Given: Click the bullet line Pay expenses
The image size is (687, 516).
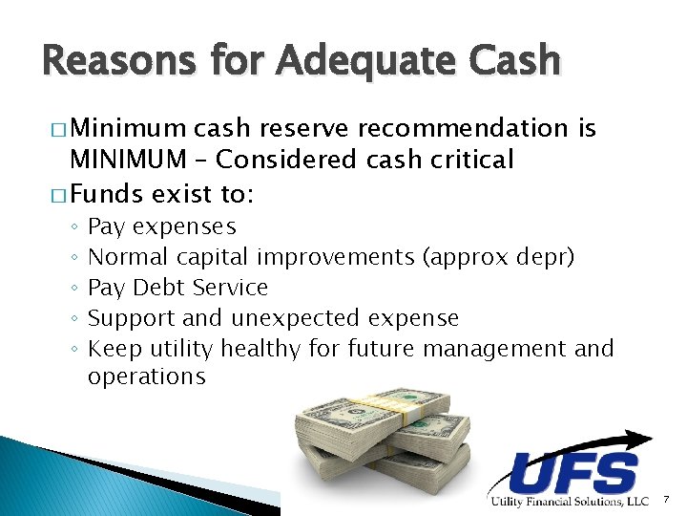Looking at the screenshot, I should pos(161,227).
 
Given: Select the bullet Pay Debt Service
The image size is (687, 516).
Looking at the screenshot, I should pos(177,288).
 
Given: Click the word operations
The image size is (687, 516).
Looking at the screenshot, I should pos(146,376).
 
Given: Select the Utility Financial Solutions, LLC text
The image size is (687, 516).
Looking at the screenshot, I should pos(570,502).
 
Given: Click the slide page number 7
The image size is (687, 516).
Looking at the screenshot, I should pos(666,502).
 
